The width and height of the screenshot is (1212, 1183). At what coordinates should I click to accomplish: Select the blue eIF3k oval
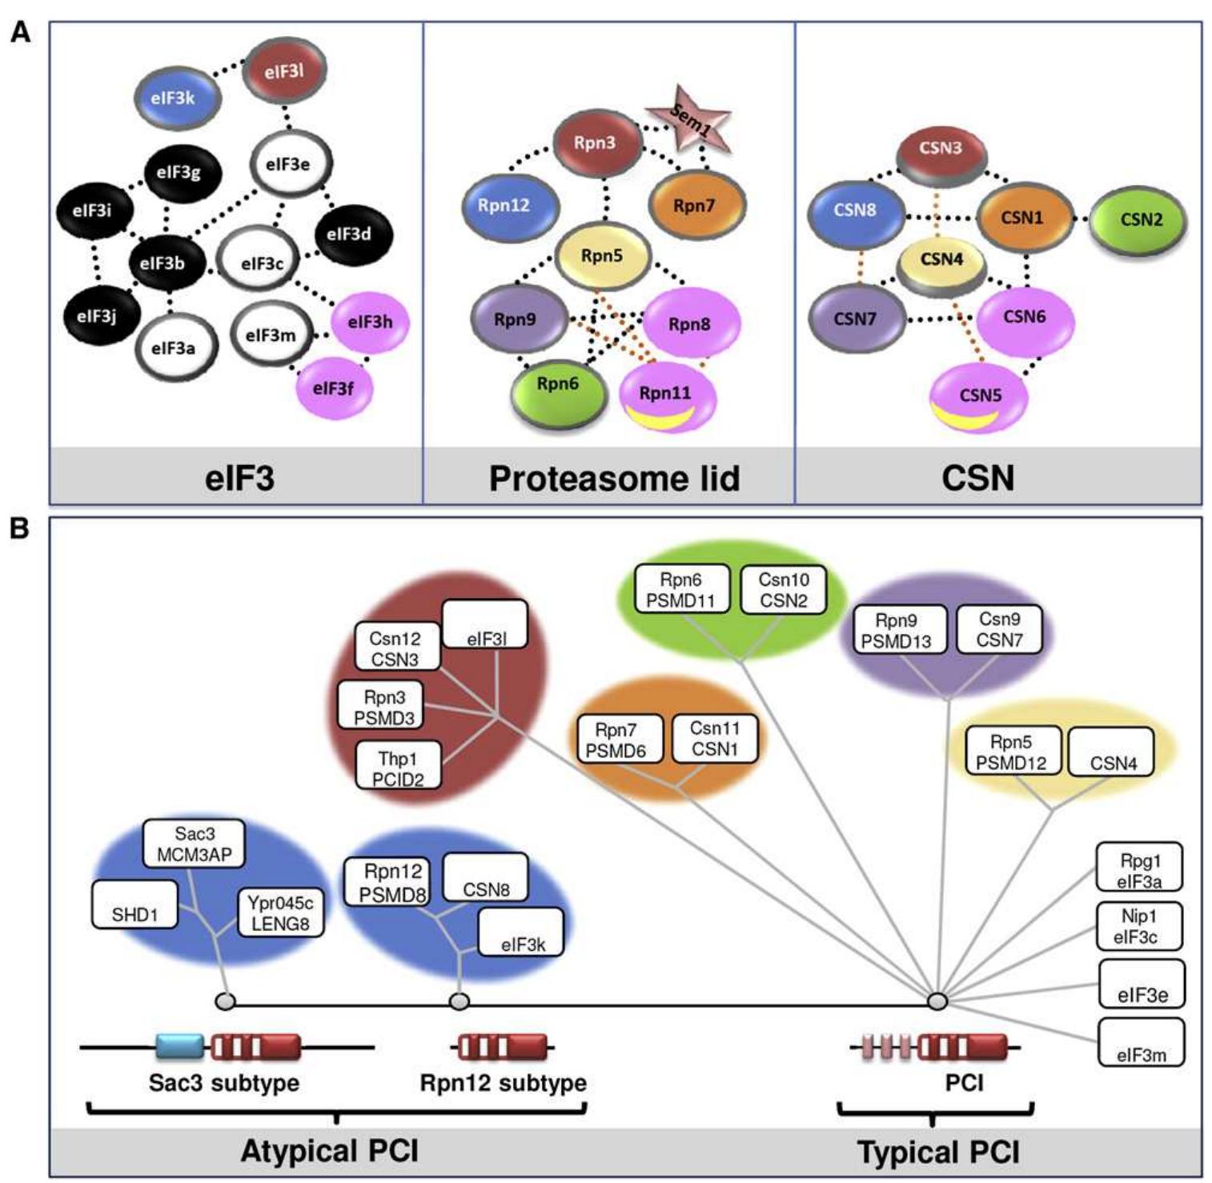click(175, 98)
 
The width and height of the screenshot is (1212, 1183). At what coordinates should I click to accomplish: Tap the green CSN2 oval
click(1139, 219)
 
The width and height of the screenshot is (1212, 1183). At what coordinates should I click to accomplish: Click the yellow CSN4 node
click(941, 260)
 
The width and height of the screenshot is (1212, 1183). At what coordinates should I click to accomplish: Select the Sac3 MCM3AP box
click(194, 844)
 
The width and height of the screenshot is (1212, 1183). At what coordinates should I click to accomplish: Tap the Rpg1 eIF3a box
click(1138, 868)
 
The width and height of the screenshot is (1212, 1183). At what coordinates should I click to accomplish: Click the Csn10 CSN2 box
click(783, 590)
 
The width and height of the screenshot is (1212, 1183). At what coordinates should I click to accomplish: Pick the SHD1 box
click(134, 905)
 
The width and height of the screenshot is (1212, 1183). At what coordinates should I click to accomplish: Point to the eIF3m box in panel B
click(1141, 1042)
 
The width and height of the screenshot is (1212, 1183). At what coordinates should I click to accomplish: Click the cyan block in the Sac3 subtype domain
click(180, 1046)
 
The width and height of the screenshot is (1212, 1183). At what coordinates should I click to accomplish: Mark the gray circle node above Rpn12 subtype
click(459, 1001)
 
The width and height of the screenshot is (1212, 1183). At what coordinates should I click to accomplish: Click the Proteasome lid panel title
click(614, 479)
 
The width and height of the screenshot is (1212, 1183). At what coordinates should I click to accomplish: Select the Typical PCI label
click(938, 1153)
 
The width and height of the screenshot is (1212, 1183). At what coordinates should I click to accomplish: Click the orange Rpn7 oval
click(695, 207)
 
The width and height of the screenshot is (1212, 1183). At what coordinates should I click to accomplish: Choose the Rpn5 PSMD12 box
click(1012, 752)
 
